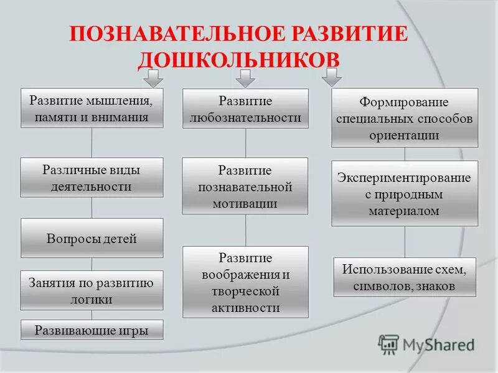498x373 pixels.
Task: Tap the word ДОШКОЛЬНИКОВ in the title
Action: (x=239, y=59)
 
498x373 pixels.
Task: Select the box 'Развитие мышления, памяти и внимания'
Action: (x=92, y=108)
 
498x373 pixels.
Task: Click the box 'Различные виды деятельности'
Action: (x=92, y=177)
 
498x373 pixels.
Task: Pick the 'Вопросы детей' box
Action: (x=92, y=238)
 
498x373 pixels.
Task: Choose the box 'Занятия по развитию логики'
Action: (x=92, y=290)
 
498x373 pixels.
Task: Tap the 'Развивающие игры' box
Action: (x=92, y=330)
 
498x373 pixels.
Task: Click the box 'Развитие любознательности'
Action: (x=245, y=108)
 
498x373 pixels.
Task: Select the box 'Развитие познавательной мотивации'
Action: (x=245, y=186)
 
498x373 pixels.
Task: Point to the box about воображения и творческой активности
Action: (x=245, y=282)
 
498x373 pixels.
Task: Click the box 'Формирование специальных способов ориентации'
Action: (x=405, y=117)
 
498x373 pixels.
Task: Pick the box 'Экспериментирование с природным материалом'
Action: (x=405, y=193)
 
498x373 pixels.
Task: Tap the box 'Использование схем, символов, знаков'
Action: (x=405, y=277)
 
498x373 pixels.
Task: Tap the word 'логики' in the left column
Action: (x=92, y=298)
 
